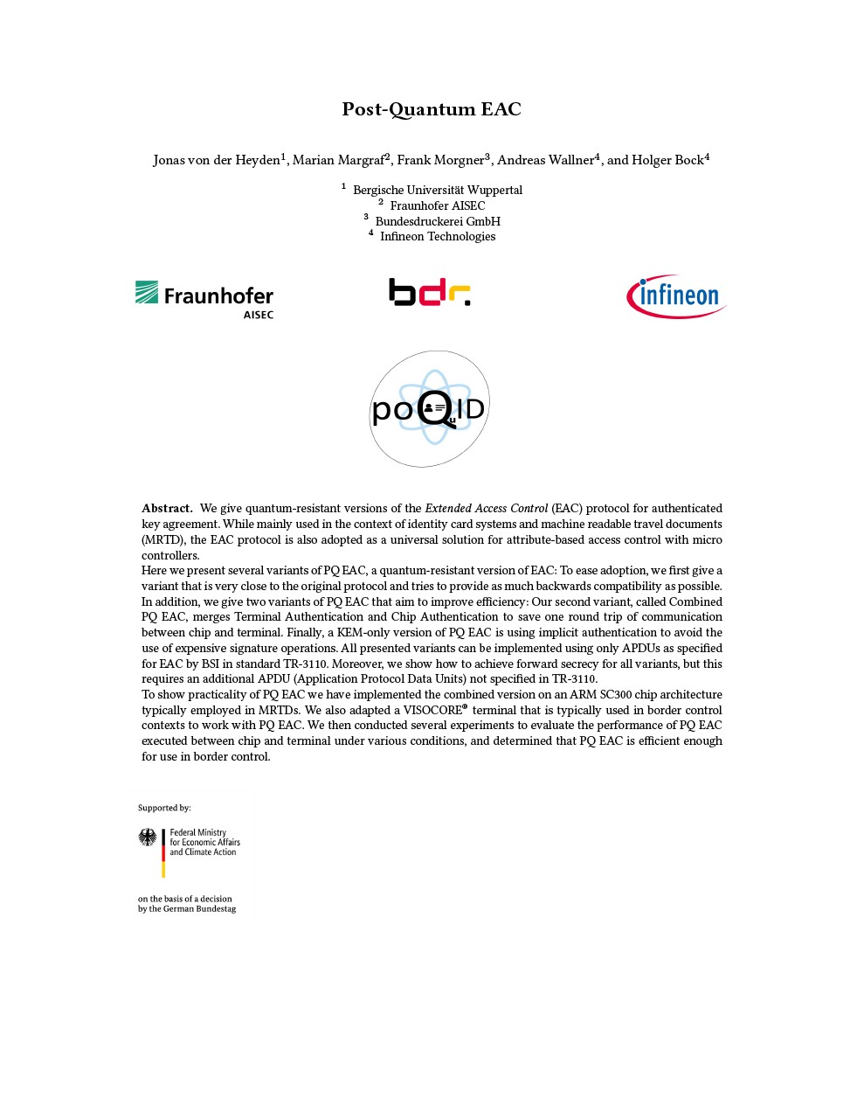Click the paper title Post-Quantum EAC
pyautogui.click(x=431, y=109)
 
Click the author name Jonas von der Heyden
pyautogui.click(x=216, y=160)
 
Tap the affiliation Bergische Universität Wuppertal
pyautogui.click(x=437, y=190)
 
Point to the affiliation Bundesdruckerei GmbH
pyautogui.click(x=437, y=221)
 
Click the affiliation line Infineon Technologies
pyautogui.click(x=437, y=236)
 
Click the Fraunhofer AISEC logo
pyautogui.click(x=204, y=299)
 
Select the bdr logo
pyautogui.click(x=429, y=292)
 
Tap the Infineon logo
pyautogui.click(x=676, y=296)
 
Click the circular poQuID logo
pyautogui.click(x=429, y=408)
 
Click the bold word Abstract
pyautogui.click(x=167, y=508)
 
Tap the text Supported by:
pyautogui.click(x=164, y=808)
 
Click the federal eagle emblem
pyautogui.click(x=148, y=838)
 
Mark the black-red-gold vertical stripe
pyautogui.click(x=163, y=853)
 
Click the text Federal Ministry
pyautogui.click(x=198, y=832)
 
